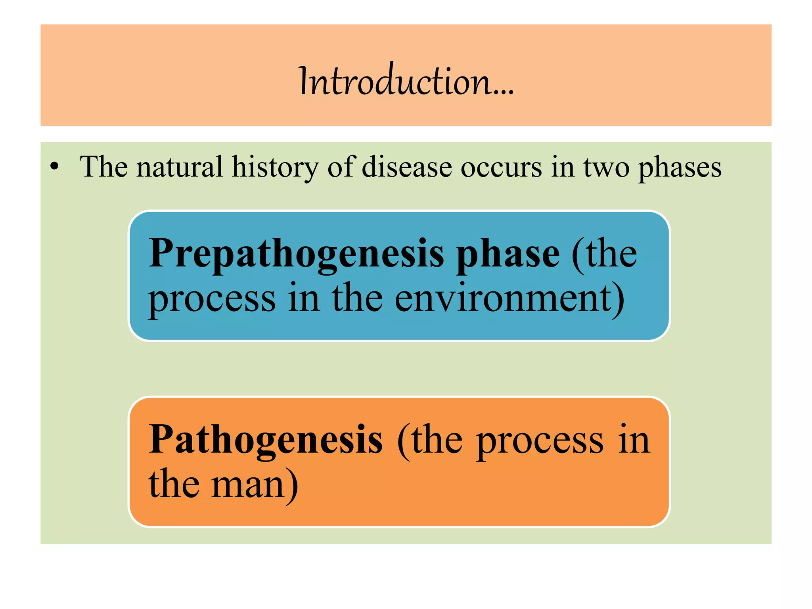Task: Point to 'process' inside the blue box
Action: click(212, 300)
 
